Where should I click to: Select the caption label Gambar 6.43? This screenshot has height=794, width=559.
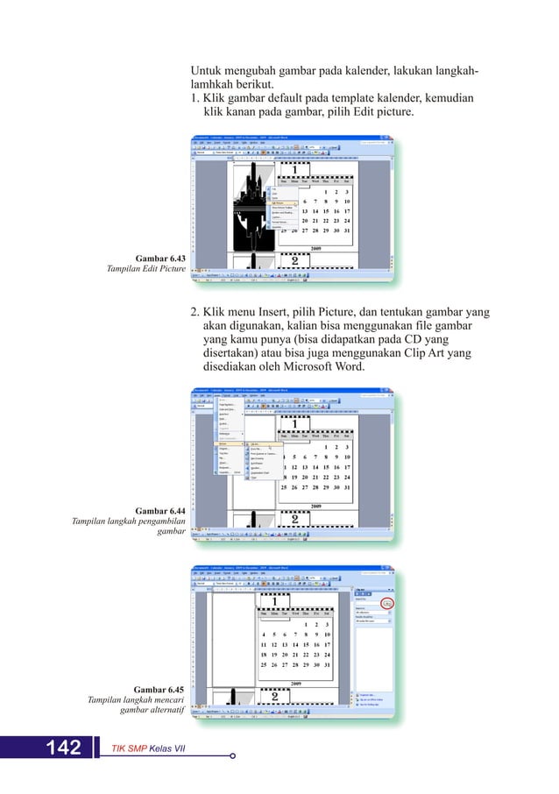160,259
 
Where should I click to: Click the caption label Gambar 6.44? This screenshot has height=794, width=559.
160,510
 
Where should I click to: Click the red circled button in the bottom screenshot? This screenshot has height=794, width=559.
387,603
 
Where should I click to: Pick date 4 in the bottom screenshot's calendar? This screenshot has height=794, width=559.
264,634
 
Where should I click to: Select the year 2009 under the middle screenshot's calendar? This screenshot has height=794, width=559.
314,506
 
